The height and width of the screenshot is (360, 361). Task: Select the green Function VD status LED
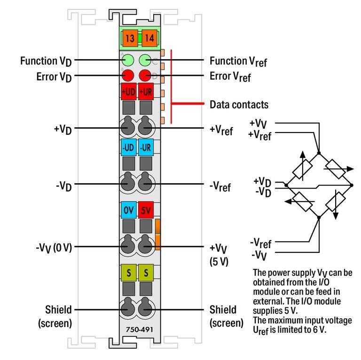coord(128,60)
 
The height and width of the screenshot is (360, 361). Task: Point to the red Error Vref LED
coord(146,75)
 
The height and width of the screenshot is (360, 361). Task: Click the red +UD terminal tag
coord(128,92)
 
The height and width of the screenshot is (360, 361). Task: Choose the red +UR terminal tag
coord(146,92)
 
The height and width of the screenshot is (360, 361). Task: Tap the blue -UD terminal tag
coord(128,148)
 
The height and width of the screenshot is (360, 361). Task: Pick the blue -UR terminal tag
coord(146,148)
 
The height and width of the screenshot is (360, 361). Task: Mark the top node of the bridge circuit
coord(319,151)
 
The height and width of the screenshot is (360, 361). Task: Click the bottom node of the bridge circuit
coord(319,217)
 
